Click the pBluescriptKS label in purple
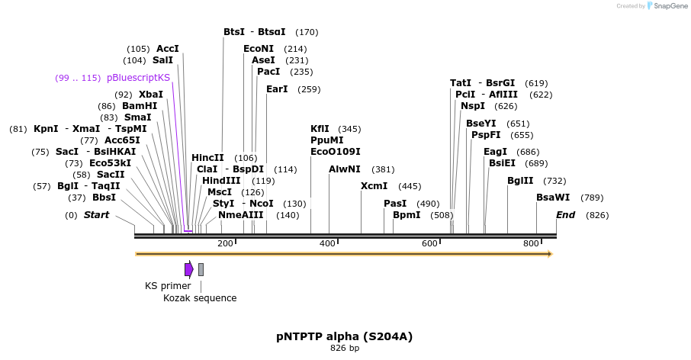[x=138, y=78]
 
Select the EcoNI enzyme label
[x=259, y=49]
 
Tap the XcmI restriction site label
[x=374, y=186]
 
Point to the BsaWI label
[x=553, y=198]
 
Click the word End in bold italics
[x=565, y=215]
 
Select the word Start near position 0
[x=97, y=215]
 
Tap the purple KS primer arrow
[x=188, y=269]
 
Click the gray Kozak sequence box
[x=201, y=269]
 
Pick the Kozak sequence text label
[x=200, y=298]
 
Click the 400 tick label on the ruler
[x=327, y=243]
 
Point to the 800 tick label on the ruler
[x=531, y=243]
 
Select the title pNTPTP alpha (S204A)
[x=345, y=336]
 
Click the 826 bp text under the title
[x=345, y=349]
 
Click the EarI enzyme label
[x=277, y=89]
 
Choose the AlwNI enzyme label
[x=345, y=169]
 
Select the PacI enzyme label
[x=268, y=72]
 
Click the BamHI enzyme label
[x=140, y=106]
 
